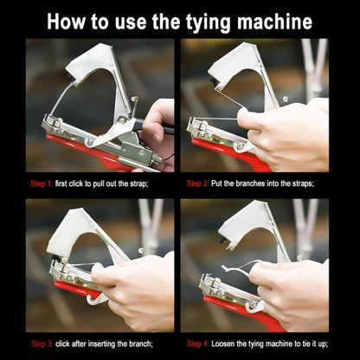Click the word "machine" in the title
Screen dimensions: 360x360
[274, 22]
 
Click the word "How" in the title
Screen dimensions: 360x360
[67, 22]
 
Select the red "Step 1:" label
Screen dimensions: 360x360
[42, 183]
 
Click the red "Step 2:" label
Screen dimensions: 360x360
[197, 183]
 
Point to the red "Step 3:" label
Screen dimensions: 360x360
[42, 344]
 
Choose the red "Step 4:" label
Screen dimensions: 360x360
[198, 344]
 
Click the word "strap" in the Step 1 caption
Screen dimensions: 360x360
[138, 184]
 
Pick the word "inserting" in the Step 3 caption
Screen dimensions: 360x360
[102, 344]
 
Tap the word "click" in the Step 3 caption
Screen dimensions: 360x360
[62, 344]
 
